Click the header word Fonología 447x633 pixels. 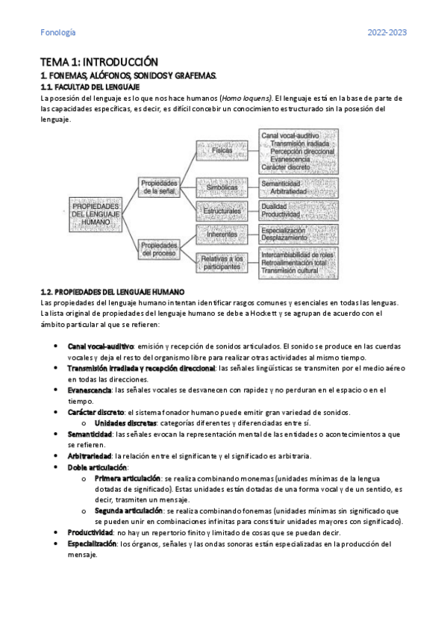[57, 32]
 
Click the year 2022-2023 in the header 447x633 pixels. [387, 32]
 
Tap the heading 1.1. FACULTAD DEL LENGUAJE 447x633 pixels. [87, 87]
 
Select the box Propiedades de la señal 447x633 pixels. [158, 187]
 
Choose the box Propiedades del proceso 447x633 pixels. [158, 249]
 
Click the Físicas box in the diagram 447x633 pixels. [222, 150]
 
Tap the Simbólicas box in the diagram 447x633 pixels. [222, 186]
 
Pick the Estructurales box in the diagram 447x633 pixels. [222, 211]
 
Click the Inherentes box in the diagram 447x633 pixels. [222, 234]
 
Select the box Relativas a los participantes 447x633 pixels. [222, 261]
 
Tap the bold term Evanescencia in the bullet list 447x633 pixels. [90, 390]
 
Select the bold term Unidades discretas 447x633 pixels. [125, 422]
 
